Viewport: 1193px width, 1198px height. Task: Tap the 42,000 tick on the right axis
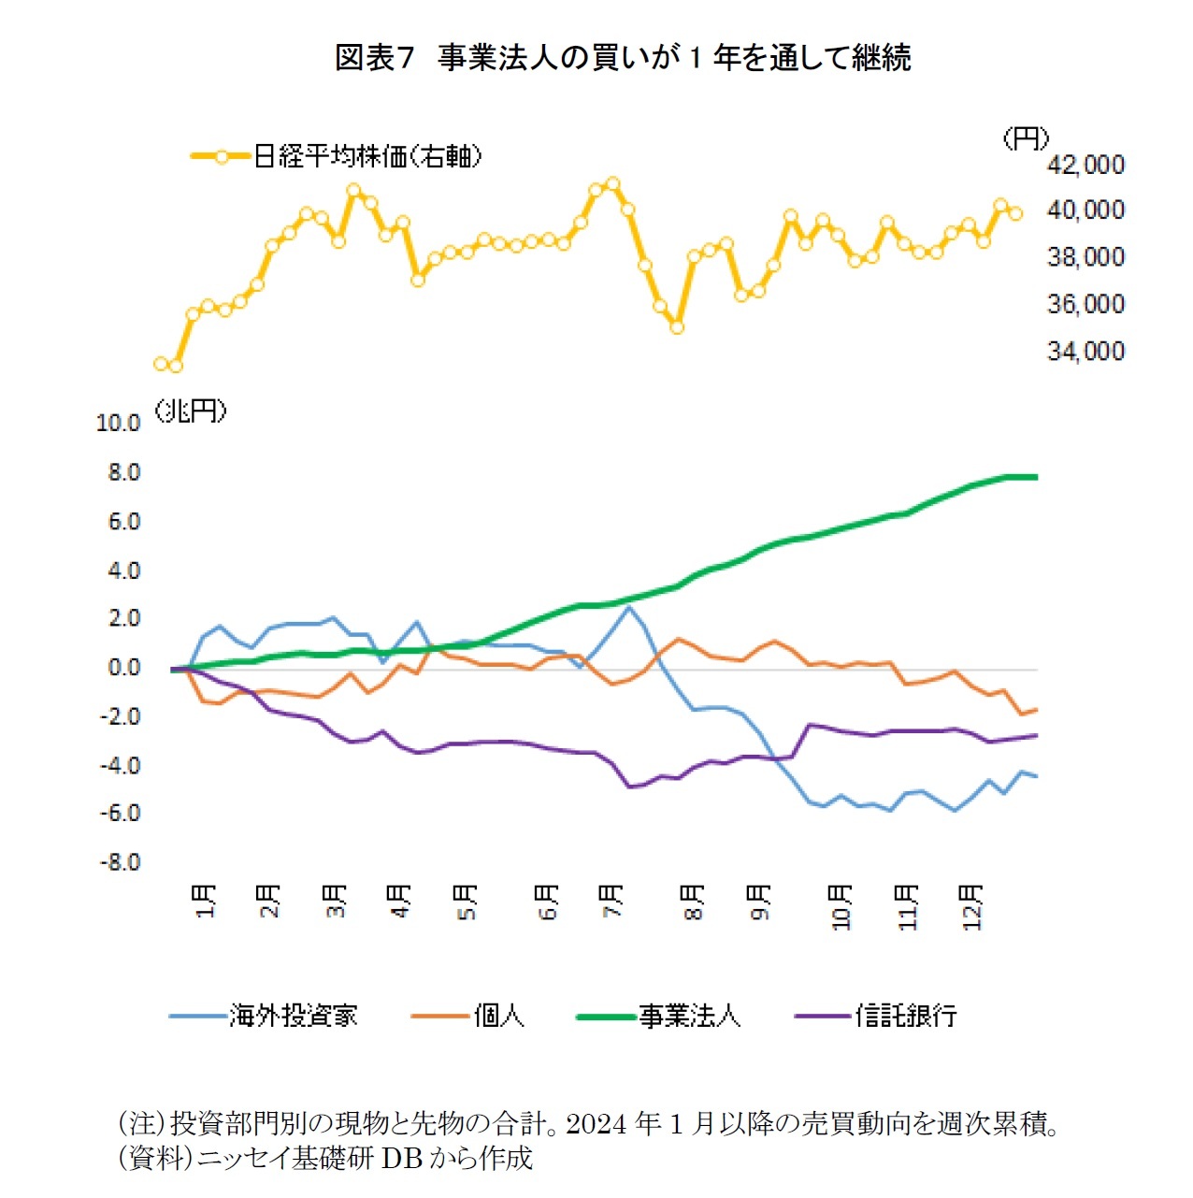(x=1085, y=166)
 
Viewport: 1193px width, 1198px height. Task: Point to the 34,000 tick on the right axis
(x=1085, y=352)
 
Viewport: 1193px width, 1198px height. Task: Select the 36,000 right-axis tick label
(x=1085, y=305)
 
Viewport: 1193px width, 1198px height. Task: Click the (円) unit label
(x=1025, y=139)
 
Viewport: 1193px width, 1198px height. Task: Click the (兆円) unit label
(x=191, y=411)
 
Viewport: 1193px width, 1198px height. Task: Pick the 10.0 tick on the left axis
(x=118, y=424)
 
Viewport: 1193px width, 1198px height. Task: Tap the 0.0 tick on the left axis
(x=123, y=668)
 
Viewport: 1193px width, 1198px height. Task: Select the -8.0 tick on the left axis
(x=121, y=862)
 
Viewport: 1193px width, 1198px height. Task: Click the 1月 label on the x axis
(x=206, y=901)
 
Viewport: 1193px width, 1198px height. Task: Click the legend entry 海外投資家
(x=293, y=1016)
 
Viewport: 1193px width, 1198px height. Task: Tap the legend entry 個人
(x=498, y=1016)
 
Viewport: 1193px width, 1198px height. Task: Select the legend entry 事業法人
(x=689, y=1016)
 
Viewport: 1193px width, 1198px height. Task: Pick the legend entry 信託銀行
(x=905, y=1016)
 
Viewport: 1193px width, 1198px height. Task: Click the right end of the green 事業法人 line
(x=1035, y=477)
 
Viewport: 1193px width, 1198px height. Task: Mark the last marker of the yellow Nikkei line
(x=1016, y=213)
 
